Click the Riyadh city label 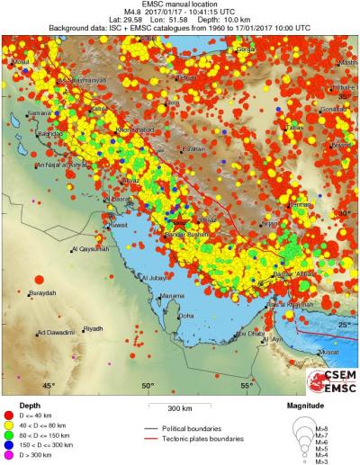point(93,330)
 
